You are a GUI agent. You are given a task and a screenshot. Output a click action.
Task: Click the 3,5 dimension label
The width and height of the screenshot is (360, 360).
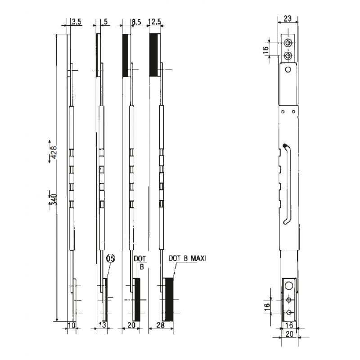76,21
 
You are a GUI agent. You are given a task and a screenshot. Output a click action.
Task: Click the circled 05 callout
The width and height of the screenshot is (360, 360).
110,258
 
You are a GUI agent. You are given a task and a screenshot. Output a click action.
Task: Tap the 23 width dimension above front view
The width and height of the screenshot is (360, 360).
288,19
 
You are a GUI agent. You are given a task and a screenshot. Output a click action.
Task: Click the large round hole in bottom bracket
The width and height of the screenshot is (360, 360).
288,285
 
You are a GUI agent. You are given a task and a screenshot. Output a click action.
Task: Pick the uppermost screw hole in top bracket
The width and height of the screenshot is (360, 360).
288,43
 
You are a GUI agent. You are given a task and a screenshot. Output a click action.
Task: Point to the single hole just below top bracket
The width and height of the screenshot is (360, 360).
288,69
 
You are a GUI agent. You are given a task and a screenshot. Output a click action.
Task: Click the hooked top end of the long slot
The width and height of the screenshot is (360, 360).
285,145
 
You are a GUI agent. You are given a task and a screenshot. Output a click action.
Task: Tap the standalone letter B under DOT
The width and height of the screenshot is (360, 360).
141,266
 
